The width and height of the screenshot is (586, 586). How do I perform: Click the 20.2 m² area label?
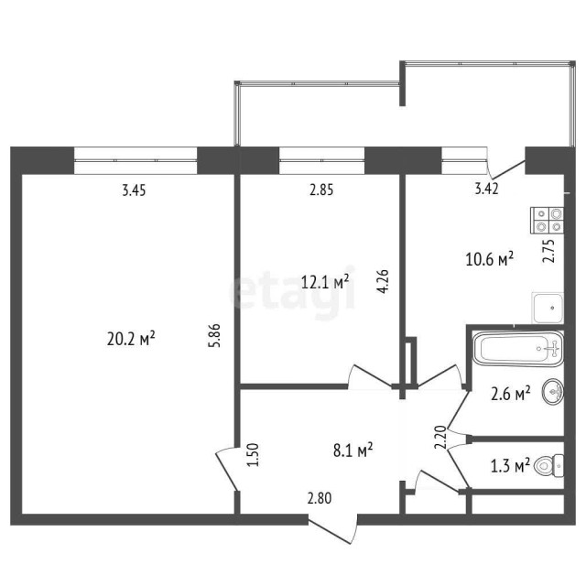[x=131, y=339]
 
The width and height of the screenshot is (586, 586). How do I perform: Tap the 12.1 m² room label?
[x=326, y=281]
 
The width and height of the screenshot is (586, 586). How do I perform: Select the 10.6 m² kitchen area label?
[x=489, y=259]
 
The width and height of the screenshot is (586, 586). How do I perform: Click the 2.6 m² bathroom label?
[x=510, y=394]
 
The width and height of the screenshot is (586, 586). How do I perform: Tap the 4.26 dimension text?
[x=384, y=278]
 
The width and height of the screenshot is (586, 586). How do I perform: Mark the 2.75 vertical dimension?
[x=548, y=251]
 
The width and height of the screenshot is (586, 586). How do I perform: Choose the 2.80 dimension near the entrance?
[x=320, y=499]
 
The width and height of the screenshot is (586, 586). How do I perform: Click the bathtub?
[x=515, y=348]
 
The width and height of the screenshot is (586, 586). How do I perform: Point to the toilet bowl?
[x=548, y=467]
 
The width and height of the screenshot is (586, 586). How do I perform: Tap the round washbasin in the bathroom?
[x=552, y=393]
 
